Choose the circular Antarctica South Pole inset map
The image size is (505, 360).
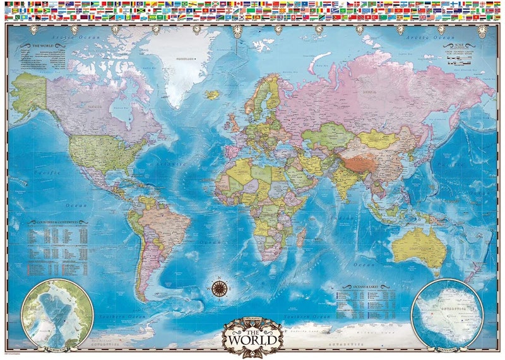coord(448,313)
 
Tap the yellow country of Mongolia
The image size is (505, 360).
coord(375,138)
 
